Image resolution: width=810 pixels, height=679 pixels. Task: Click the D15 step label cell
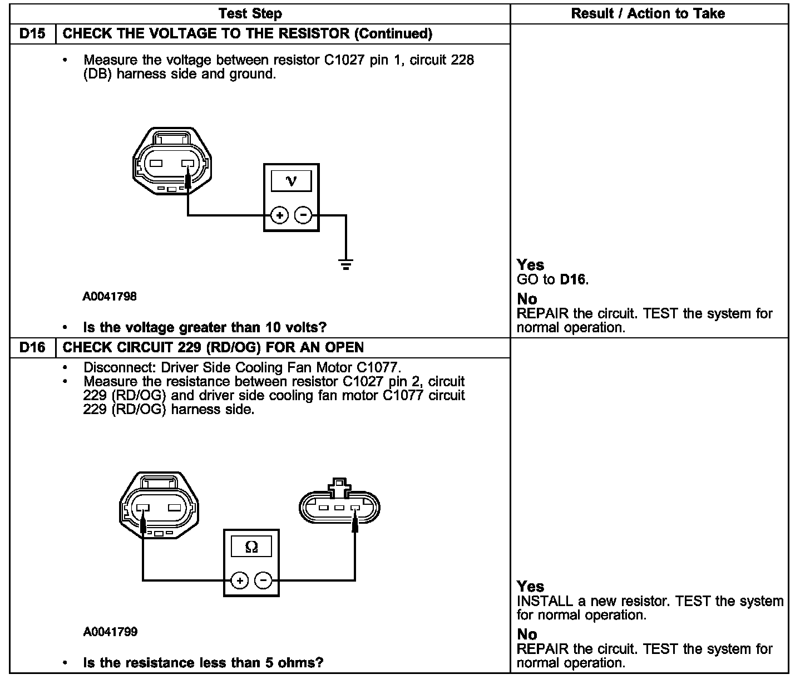point(32,34)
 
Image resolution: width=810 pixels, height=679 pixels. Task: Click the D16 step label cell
point(32,348)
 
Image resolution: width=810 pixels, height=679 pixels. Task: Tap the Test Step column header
point(250,14)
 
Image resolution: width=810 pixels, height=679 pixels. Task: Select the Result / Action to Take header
point(648,14)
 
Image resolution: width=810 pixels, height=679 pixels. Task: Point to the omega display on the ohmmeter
point(251,547)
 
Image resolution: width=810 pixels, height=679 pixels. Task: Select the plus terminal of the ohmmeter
point(240,581)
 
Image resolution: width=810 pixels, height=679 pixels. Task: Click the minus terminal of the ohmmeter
point(263,581)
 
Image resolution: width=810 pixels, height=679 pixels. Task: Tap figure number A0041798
point(110,297)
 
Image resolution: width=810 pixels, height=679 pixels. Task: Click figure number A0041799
point(110,632)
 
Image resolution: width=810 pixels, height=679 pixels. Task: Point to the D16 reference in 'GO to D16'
point(573,279)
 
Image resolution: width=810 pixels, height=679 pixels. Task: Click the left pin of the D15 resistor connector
point(155,164)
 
